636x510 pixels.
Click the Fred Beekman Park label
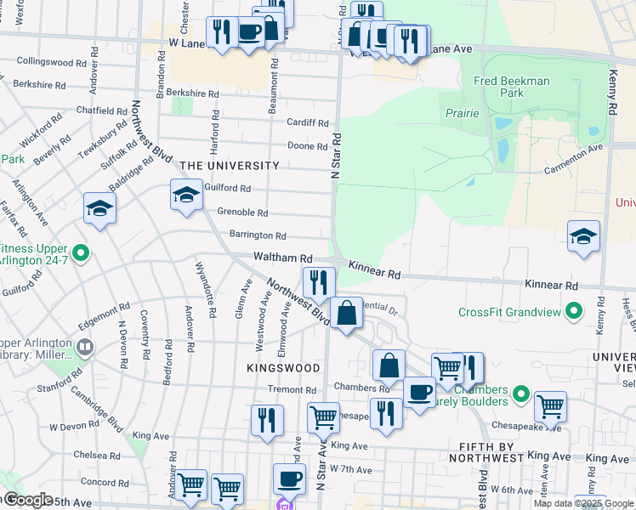pos(511,87)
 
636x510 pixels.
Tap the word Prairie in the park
pos(462,113)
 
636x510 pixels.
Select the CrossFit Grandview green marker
pos(576,311)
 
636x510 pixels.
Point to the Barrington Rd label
pos(258,235)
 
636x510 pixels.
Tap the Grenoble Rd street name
pos(242,212)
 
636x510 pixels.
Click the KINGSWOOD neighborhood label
pos(283,368)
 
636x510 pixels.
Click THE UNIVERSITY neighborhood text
pos(229,166)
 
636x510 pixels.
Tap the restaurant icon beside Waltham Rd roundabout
pos(319,281)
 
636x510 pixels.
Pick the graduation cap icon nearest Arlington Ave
pos(99,208)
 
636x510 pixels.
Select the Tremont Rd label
pos(291,389)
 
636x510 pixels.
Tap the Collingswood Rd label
pos(46,62)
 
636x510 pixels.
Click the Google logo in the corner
pos(27,500)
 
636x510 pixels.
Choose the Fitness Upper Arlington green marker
pos(81,252)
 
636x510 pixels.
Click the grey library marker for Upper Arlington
pos(84,346)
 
